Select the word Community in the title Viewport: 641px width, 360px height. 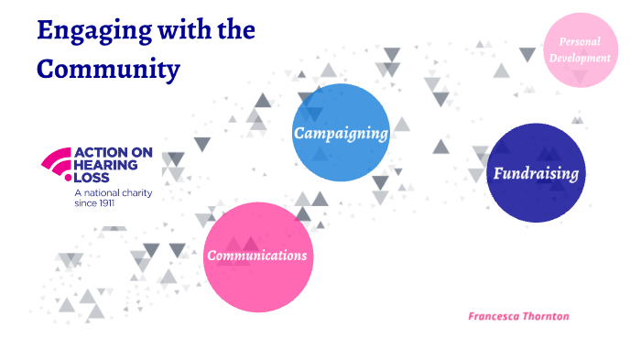[x=108, y=68]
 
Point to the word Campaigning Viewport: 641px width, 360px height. [x=340, y=134]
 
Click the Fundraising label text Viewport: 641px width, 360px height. [x=536, y=173]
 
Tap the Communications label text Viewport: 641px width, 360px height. [x=256, y=256]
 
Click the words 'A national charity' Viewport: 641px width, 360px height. [x=113, y=192]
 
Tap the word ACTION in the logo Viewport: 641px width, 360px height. [x=96, y=153]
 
